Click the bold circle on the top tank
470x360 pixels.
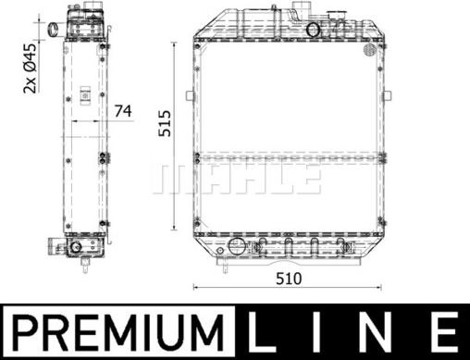click(314, 30)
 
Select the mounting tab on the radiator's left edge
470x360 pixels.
click(189, 96)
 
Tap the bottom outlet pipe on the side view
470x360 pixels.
click(54, 247)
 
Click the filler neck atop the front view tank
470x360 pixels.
click(300, 12)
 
